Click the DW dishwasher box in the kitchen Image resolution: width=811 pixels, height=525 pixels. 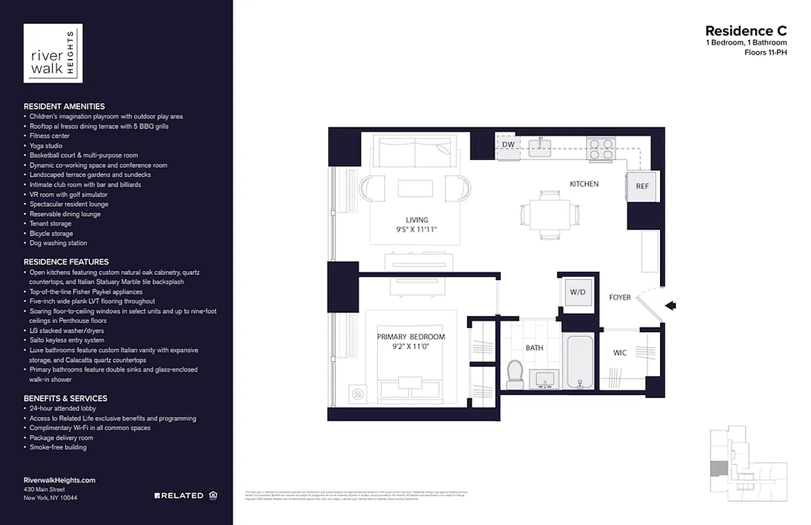(508, 144)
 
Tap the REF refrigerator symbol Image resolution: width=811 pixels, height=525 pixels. (642, 186)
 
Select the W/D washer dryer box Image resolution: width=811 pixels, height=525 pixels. (577, 292)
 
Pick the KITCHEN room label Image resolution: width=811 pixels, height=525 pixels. (583, 184)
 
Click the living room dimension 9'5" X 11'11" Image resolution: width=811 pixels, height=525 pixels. (417, 230)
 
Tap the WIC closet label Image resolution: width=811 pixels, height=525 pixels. (619, 353)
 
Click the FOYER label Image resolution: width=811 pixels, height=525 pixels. (619, 297)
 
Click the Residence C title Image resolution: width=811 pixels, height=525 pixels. (745, 31)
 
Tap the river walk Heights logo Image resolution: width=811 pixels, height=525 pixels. (53, 53)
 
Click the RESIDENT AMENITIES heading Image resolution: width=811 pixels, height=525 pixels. (64, 106)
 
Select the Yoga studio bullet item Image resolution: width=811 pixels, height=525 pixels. (46, 146)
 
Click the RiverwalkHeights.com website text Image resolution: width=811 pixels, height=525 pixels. (59, 480)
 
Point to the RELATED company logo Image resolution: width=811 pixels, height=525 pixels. (179, 495)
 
